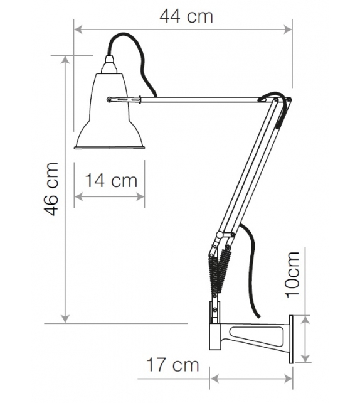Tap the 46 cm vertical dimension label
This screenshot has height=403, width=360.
pyautogui.click(x=53, y=188)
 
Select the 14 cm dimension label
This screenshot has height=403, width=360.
pyautogui.click(x=111, y=181)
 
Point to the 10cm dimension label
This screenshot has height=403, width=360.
pyautogui.click(x=292, y=274)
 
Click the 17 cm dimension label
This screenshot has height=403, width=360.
pyautogui.click(x=173, y=364)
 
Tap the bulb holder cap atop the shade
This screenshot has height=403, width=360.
pyautogui.click(x=111, y=63)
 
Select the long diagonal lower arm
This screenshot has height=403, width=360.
pyautogui.click(x=251, y=169)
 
